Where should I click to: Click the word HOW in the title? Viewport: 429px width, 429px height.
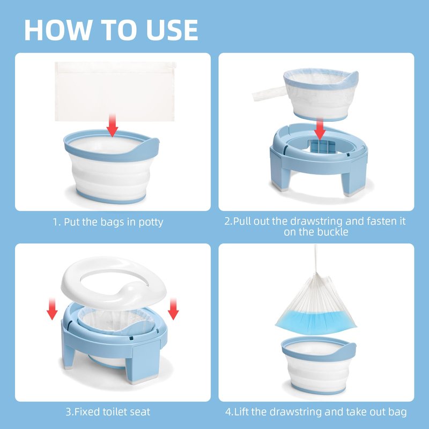tap(58, 30)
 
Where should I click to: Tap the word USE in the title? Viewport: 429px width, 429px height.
tap(172, 30)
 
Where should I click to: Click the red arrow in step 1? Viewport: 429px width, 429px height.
tap(112, 125)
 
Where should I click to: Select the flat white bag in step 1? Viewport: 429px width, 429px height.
tap(115, 91)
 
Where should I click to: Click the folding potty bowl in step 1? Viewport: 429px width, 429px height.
tap(111, 167)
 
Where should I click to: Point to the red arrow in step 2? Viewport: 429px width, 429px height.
tap(320, 129)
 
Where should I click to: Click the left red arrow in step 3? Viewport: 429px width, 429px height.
tap(52, 309)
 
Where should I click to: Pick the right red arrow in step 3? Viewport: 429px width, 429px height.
tap(173, 309)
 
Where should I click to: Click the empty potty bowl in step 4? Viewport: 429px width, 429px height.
tap(319, 365)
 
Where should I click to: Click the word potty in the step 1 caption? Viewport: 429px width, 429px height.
tap(151, 223)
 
